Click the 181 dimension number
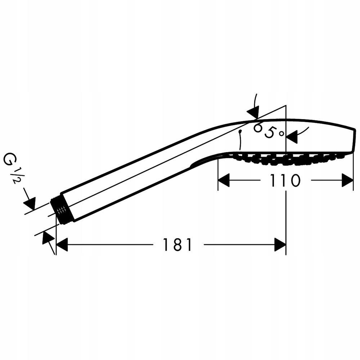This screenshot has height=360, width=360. (177, 244)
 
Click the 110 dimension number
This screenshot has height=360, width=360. (285, 180)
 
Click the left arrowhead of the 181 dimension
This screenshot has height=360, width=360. (62, 244)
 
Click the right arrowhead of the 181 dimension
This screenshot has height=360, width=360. (280, 244)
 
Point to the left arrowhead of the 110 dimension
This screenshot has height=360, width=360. (224, 180)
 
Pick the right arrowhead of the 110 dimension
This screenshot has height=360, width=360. (347, 180)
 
